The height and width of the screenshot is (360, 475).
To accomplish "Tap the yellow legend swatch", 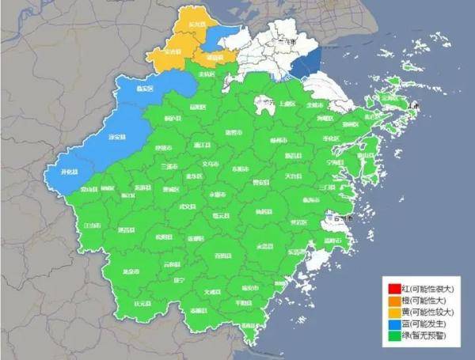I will coord(393,313).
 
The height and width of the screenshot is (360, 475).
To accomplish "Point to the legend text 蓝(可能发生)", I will coord(424,325).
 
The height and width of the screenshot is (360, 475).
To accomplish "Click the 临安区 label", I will coord(145,89).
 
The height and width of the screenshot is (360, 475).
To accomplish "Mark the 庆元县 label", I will coord(142,303).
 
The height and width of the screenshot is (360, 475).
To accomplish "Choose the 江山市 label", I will coord(92,225).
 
